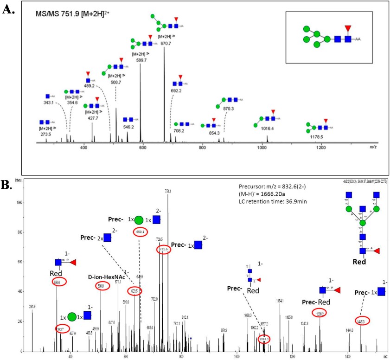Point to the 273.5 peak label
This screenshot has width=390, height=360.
pyautogui.click(x=46, y=133)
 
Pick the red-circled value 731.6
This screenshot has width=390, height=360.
pyautogui.click(x=162, y=250)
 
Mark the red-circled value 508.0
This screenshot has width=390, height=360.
pyautogui.click(x=101, y=286)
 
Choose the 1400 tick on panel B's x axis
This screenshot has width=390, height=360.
pyautogui.click(x=347, y=356)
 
